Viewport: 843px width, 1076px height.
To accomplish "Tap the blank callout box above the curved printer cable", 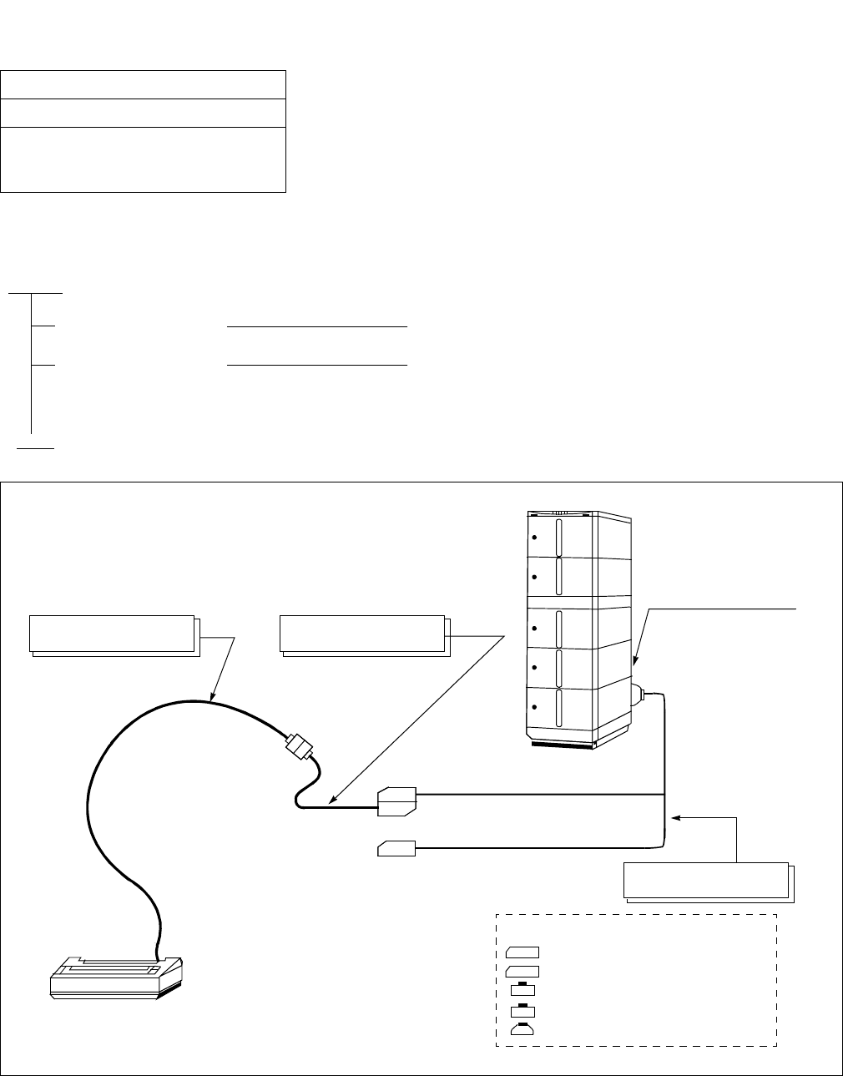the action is pyautogui.click(x=112, y=634).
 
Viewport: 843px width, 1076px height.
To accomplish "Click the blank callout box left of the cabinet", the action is pyautogui.click(x=362, y=634).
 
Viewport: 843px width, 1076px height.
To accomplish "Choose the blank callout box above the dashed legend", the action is pyautogui.click(x=707, y=881).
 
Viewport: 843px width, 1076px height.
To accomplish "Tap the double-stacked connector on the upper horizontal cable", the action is pyautogui.click(x=396, y=801).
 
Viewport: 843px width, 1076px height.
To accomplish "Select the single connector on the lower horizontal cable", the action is pyautogui.click(x=396, y=849).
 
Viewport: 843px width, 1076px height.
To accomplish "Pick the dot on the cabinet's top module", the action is pyautogui.click(x=533, y=537).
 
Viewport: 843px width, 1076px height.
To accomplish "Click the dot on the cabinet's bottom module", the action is pyautogui.click(x=533, y=706).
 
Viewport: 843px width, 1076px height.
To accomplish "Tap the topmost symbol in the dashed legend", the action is pyautogui.click(x=522, y=952).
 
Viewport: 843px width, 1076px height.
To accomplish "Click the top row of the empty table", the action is pyautogui.click(x=144, y=85).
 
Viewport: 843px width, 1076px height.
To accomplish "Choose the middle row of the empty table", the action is pyautogui.click(x=144, y=114).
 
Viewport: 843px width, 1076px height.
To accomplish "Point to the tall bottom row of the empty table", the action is pyautogui.click(x=144, y=159).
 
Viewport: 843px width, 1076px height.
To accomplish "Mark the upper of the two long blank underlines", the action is pyautogui.click(x=317, y=327).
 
